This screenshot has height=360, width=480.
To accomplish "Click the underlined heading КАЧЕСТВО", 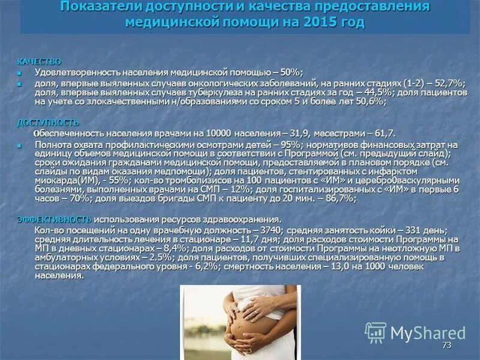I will pos(38,62).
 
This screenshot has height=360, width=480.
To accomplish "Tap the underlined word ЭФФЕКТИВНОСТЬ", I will pos(54,219).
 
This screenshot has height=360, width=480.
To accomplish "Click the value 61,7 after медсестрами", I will pos(384,133).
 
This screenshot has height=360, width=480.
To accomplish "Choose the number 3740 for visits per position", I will pos(272,230).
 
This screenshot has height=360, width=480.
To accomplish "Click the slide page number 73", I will pos(446,345).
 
